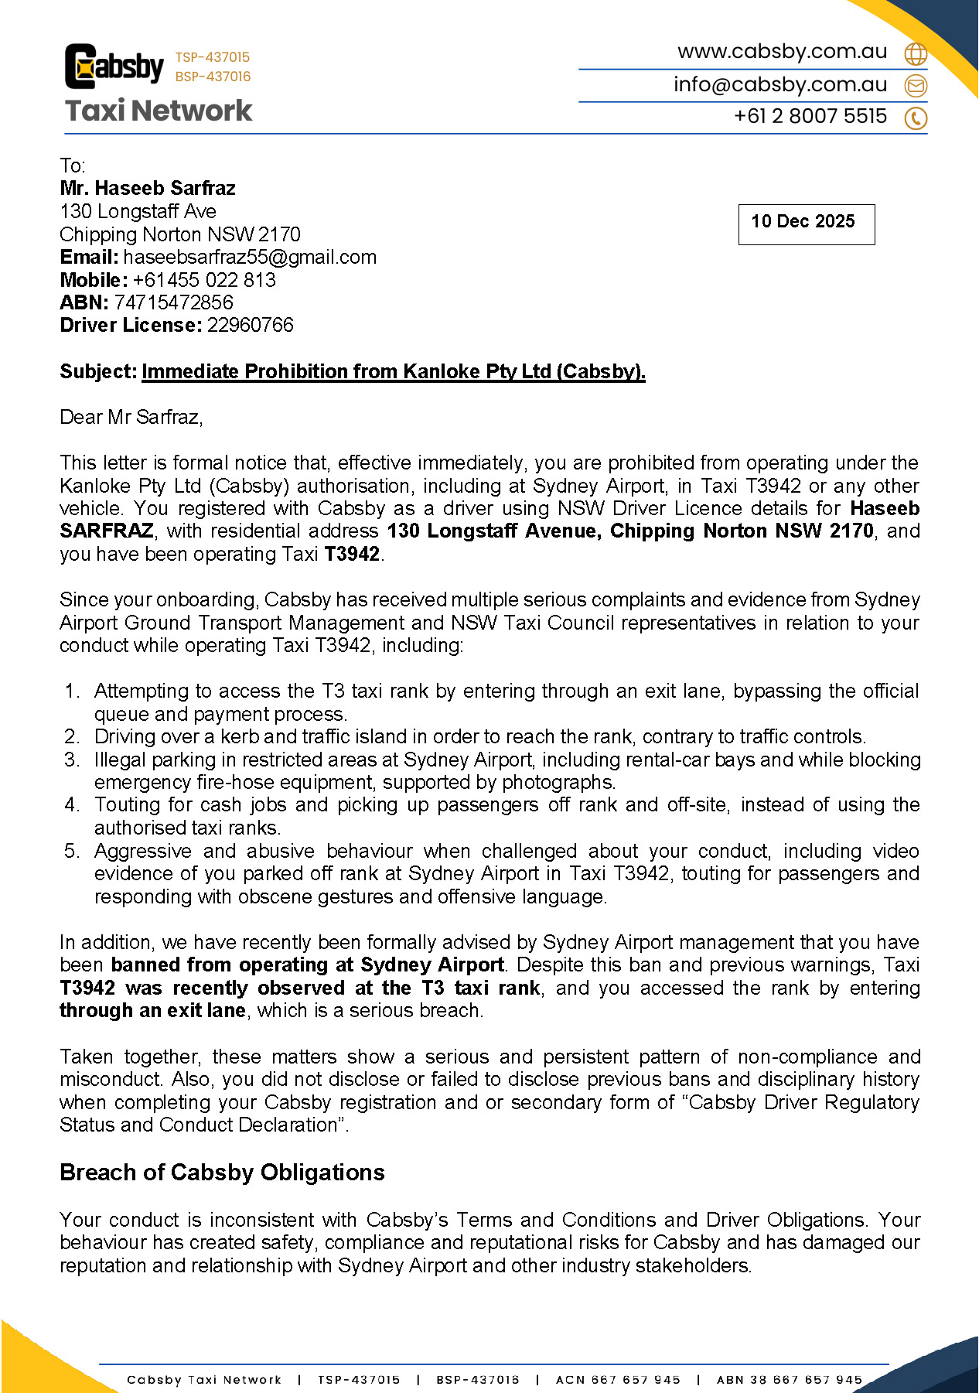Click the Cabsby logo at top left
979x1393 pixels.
[x=114, y=67]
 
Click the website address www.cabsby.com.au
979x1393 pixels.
[x=782, y=52]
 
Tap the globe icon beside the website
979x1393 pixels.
[x=916, y=53]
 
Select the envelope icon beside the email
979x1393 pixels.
[x=916, y=85]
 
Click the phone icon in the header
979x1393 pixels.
[x=916, y=118]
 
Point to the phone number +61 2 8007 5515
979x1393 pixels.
[x=810, y=116]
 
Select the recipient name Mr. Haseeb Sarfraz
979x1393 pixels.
[x=147, y=188]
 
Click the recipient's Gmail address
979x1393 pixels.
[x=250, y=257]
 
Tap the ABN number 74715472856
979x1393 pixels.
[x=173, y=302]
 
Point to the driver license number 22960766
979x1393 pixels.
[x=250, y=325]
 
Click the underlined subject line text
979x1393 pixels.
[x=393, y=372]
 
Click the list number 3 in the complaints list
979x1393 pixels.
[x=71, y=760]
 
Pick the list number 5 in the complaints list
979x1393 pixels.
[x=71, y=851]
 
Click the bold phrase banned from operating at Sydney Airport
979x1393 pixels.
[x=307, y=965]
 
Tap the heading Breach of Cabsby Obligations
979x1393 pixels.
[x=222, y=1173]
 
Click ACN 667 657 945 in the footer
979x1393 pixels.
[x=618, y=1379]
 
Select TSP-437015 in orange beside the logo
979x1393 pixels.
[x=213, y=57]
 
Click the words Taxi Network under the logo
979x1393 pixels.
[x=159, y=111]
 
